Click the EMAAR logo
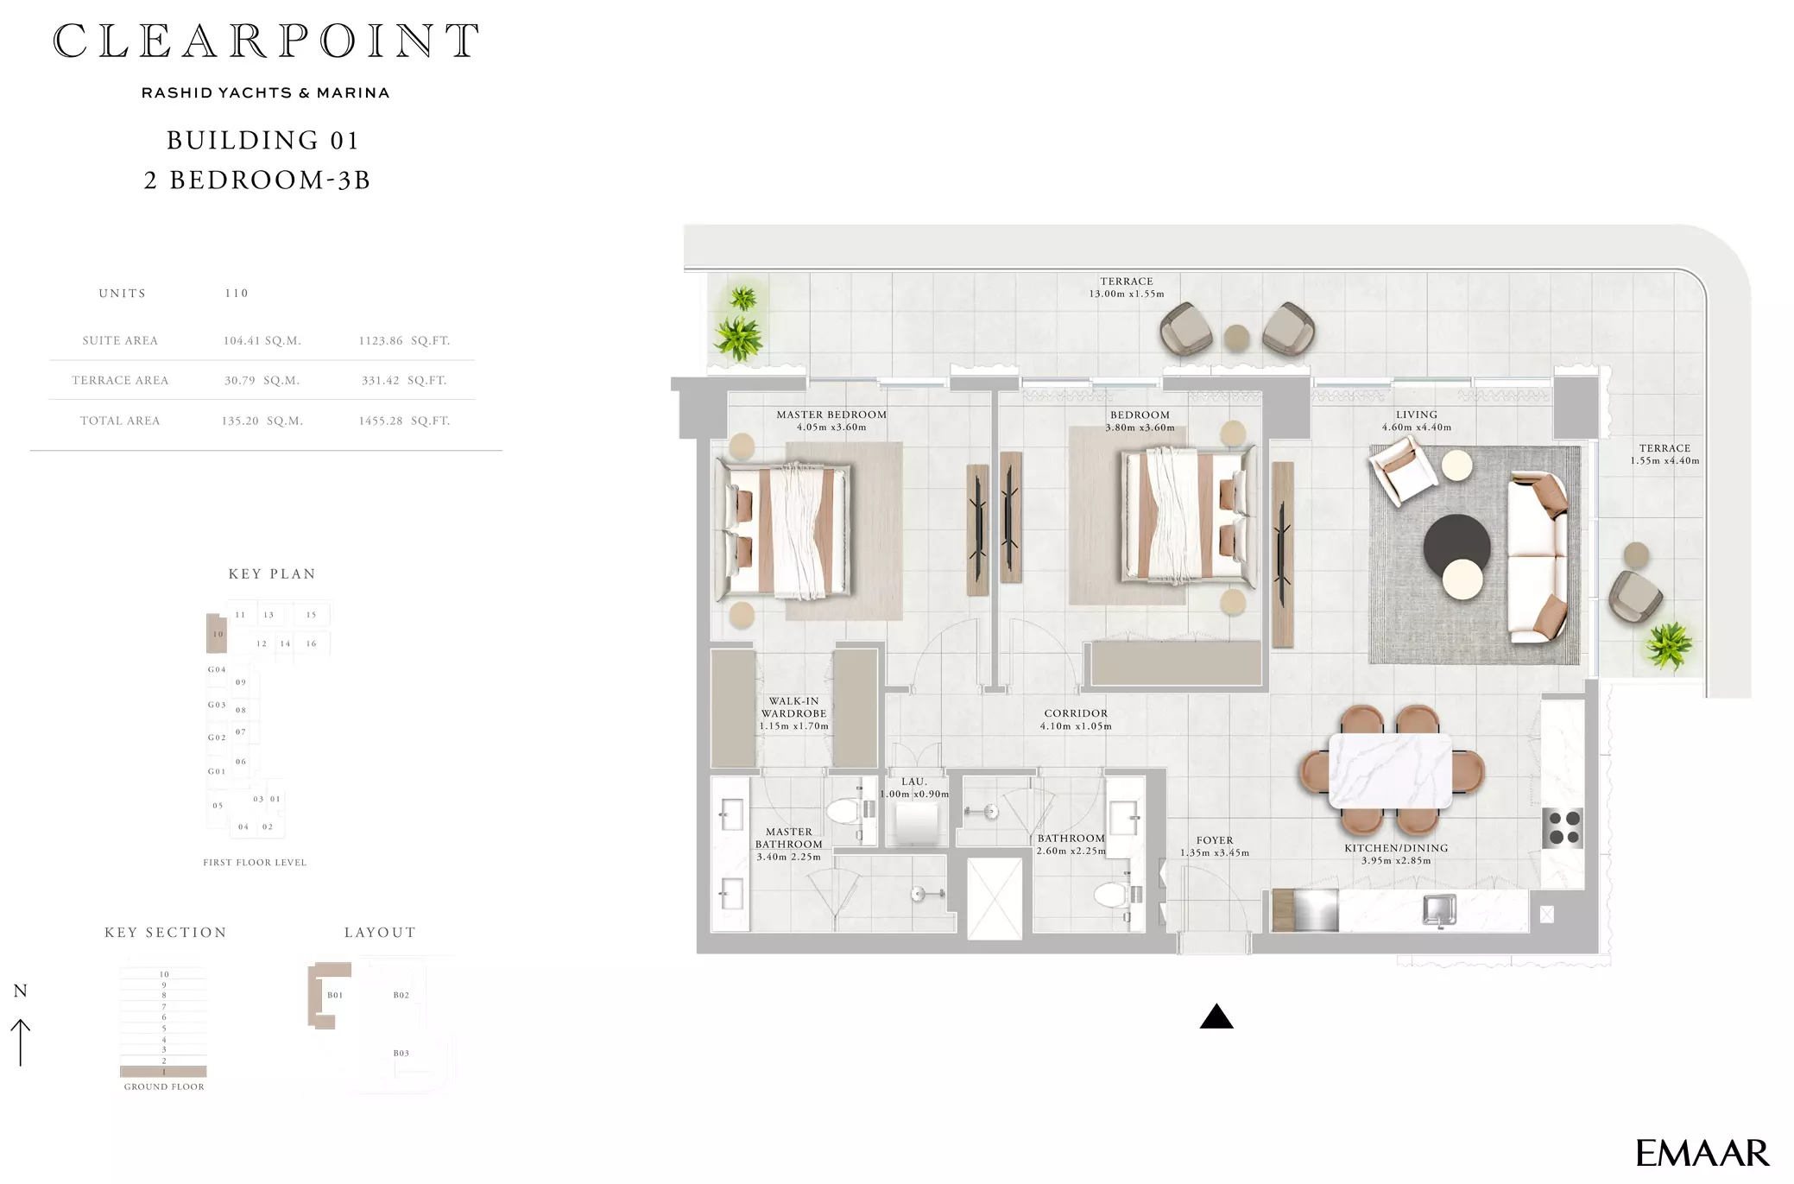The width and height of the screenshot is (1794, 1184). click(x=1702, y=1153)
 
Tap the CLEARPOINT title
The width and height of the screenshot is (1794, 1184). click(x=266, y=41)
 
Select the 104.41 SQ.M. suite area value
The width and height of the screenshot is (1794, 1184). click(x=262, y=341)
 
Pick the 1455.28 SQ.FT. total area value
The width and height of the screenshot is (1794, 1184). click(x=404, y=421)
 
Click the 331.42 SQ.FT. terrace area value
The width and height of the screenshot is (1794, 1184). click(x=404, y=381)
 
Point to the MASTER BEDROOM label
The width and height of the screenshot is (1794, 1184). click(x=831, y=415)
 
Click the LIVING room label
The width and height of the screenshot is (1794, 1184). click(x=1417, y=415)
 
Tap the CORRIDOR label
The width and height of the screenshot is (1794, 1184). click(x=1076, y=713)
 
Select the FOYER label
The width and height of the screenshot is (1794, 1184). click(x=1215, y=840)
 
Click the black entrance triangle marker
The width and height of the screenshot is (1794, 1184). click(x=1216, y=1017)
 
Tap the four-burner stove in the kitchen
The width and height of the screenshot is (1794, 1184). click(x=1563, y=827)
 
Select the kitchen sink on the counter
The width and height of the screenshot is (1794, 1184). click(x=1439, y=910)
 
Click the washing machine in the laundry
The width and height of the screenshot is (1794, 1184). click(x=916, y=823)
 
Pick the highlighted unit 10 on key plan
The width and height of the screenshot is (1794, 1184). click(x=217, y=633)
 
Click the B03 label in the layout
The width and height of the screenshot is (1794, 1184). click(x=401, y=1054)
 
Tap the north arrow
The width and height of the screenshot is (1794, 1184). click(x=21, y=1042)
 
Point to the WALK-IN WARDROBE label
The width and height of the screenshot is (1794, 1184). click(x=793, y=707)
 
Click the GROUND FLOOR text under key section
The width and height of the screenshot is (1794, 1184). click(x=164, y=1087)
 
